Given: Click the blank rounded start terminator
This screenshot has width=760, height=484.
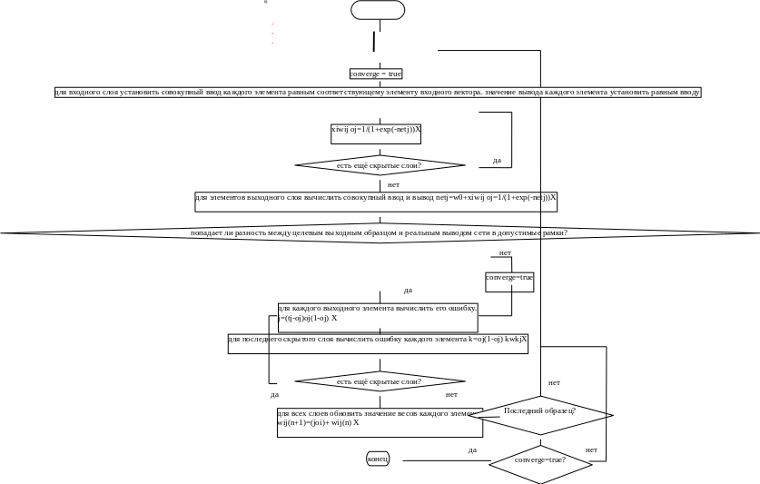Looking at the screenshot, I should [x=378, y=10].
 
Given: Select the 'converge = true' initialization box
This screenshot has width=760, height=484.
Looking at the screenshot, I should [x=375, y=74].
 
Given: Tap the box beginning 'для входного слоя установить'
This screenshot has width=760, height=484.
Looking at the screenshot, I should [x=377, y=93].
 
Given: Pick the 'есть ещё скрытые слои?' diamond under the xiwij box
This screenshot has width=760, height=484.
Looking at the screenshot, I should [x=380, y=165].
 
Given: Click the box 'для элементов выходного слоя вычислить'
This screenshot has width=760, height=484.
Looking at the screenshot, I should [x=376, y=201].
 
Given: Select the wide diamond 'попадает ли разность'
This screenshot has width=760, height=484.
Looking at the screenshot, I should [x=379, y=233].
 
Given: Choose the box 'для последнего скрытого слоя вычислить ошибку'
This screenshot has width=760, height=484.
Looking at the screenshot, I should [x=378, y=343].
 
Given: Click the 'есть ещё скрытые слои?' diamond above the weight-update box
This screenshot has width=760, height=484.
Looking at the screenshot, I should [x=380, y=381].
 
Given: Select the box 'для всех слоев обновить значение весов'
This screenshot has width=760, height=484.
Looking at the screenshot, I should [x=380, y=422].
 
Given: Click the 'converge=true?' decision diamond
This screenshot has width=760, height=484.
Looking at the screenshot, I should [x=540, y=459].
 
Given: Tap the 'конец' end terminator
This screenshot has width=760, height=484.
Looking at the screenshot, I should [x=378, y=459].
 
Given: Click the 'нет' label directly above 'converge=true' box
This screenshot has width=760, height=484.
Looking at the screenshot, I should [x=505, y=252].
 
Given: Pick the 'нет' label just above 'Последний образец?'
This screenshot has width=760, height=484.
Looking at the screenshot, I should [x=555, y=382].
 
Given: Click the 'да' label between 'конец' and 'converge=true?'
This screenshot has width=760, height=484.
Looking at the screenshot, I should [x=472, y=449].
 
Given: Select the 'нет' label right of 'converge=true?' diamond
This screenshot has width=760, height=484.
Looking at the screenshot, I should [x=592, y=449].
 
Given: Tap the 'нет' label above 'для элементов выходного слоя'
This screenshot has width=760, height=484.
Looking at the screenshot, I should [x=393, y=184].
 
